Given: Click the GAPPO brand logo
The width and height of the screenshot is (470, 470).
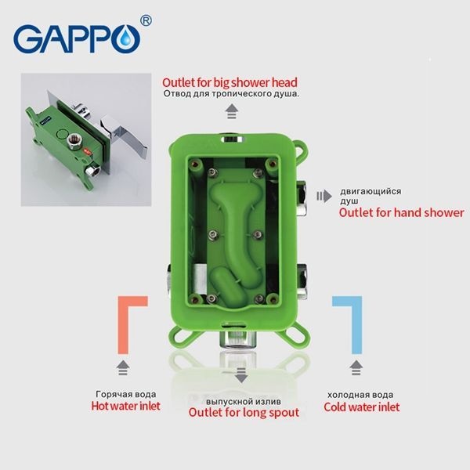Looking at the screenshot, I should click(74, 38).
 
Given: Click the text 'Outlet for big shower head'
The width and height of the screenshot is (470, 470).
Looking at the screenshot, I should click(230, 81).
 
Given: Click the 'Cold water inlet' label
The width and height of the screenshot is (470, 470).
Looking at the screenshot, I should click(361, 407).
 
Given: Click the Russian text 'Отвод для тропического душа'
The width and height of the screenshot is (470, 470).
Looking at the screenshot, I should click(232, 95).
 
